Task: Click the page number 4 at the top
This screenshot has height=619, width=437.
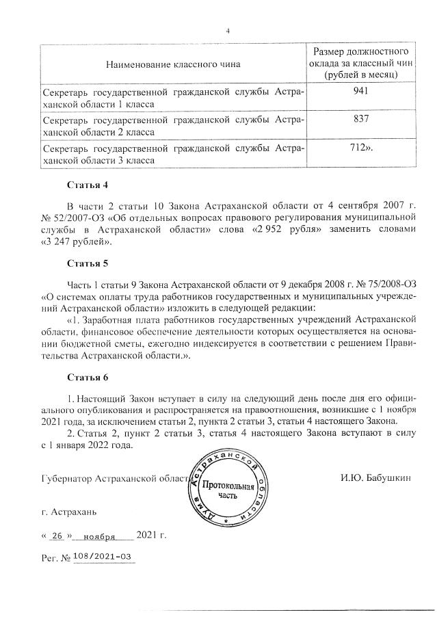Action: (x=228, y=30)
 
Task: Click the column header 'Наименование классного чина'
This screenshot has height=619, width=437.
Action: (x=173, y=64)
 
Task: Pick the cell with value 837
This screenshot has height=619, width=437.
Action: (x=361, y=120)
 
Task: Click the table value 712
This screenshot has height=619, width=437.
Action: (x=361, y=148)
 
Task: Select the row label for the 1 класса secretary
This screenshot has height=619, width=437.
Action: (x=173, y=98)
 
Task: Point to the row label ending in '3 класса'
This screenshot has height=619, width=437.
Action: (x=173, y=154)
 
